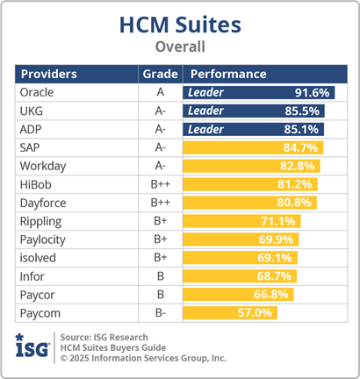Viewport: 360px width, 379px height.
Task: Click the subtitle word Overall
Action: (180, 46)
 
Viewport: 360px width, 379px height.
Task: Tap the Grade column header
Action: (160, 74)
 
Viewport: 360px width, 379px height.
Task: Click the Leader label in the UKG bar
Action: (205, 111)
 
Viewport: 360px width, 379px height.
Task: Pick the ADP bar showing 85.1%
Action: (253, 129)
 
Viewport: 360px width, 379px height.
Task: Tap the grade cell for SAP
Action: (160, 147)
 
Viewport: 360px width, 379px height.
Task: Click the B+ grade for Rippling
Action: (160, 221)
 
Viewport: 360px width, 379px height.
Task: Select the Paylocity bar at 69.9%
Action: (241, 240)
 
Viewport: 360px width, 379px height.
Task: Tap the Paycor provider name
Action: (38, 295)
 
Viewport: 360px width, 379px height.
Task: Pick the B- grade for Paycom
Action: (160, 313)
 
